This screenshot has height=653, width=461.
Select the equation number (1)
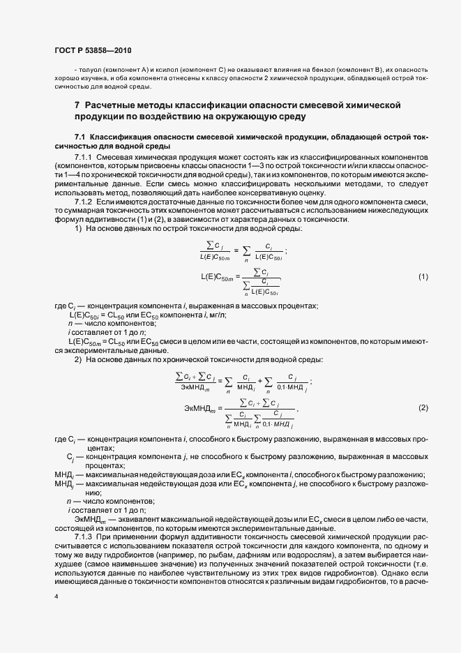click(423, 278)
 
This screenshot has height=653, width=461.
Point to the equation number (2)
click(423, 407)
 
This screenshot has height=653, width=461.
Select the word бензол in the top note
click(321, 70)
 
